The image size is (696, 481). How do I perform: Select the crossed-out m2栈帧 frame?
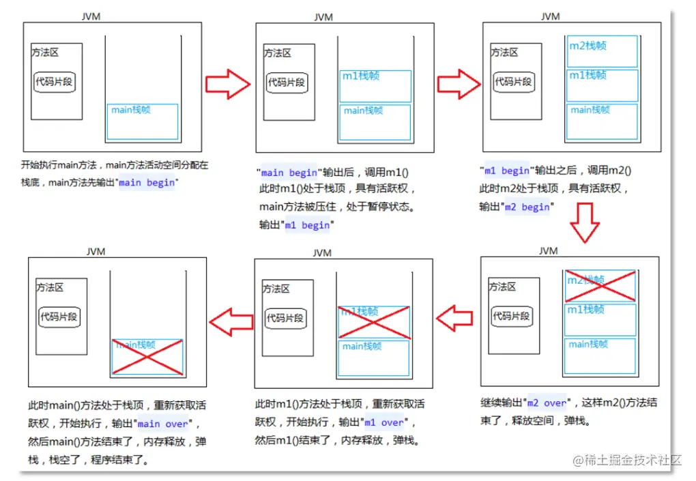(600, 285)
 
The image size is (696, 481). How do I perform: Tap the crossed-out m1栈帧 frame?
(373, 321)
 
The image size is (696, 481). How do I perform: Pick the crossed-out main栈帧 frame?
(147, 356)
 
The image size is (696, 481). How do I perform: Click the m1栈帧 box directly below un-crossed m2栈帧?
(601, 85)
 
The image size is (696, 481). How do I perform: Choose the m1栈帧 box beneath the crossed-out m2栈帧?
(600, 319)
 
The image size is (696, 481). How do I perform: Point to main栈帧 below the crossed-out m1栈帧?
(373, 357)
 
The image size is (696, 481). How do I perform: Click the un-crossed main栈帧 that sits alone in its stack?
(143, 121)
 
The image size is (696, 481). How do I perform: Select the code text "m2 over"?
(547, 403)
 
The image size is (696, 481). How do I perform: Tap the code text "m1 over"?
(384, 422)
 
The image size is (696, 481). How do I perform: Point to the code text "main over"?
(162, 423)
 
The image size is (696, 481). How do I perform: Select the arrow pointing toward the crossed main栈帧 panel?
(231, 320)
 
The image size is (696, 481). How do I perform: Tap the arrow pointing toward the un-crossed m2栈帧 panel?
(458, 83)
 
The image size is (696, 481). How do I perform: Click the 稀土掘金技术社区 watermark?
(627, 460)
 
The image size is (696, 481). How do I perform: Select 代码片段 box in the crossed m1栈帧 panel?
(285, 317)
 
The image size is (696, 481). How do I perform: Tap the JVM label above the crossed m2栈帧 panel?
(548, 250)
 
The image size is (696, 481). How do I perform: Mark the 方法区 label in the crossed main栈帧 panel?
(50, 288)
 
